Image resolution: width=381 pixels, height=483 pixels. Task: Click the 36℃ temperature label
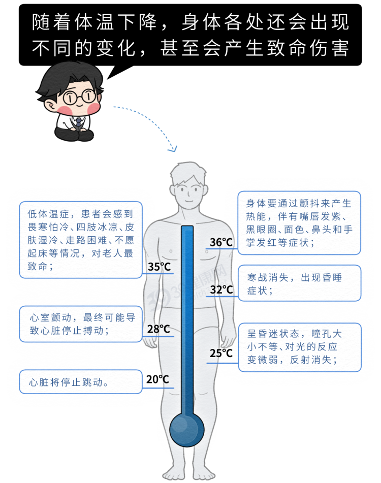click(221, 243)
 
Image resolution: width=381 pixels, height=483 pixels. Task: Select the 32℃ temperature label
click(221, 290)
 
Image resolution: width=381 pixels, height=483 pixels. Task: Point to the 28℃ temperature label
click(158, 329)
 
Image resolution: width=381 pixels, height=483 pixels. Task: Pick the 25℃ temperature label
click(221, 353)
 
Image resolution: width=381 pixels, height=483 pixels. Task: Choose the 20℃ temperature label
click(157, 379)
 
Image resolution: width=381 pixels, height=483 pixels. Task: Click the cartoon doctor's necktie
click(79, 122)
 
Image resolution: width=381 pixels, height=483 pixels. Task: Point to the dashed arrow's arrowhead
click(174, 149)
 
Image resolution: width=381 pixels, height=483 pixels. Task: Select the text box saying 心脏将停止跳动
click(80, 381)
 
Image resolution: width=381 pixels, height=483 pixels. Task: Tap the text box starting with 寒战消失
click(299, 283)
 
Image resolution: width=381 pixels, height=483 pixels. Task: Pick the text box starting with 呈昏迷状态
click(299, 347)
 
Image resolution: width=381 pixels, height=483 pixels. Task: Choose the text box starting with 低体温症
click(80, 240)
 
